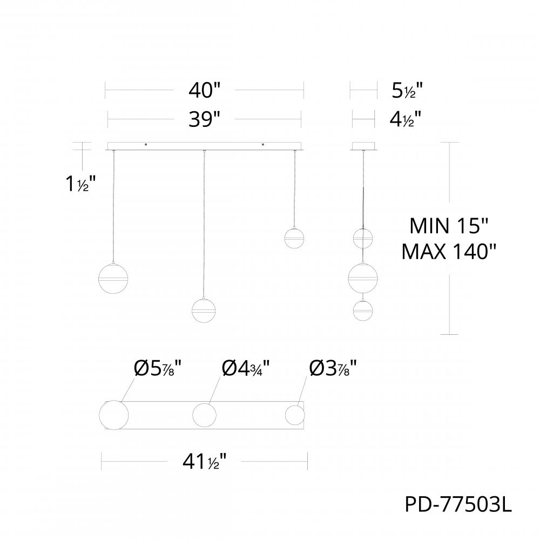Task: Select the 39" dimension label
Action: [205, 119]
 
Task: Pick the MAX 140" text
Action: [449, 252]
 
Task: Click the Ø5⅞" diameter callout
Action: [157, 370]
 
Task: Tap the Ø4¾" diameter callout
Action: [246, 370]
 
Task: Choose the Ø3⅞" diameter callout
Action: [333, 370]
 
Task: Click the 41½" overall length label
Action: [205, 462]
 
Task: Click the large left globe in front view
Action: [114, 278]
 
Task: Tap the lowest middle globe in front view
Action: [205, 310]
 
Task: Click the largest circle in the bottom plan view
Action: [114, 416]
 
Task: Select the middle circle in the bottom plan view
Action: [205, 416]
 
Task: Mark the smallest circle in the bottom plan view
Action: [295, 416]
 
